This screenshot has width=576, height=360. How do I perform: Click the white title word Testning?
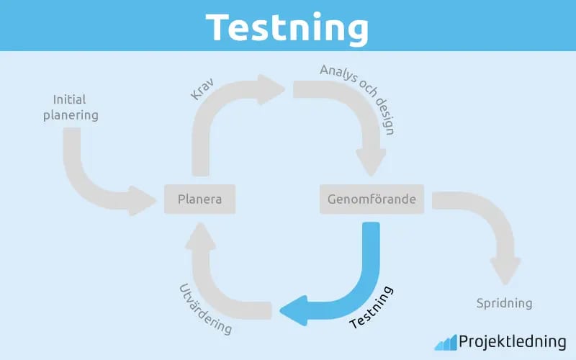287,28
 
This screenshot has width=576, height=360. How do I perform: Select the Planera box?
200,199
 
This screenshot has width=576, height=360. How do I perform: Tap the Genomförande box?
372,199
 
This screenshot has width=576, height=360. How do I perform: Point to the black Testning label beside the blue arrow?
372,307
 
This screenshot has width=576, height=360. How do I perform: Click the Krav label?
202,89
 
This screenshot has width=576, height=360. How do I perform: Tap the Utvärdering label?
206,310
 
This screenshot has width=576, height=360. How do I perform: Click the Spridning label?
505,303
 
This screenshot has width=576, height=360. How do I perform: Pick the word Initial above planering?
69,99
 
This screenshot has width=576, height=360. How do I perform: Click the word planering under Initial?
71,115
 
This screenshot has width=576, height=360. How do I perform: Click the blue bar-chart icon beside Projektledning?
446,343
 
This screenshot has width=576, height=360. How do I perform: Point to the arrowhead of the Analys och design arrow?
371,161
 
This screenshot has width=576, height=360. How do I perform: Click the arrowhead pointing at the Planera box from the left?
142,201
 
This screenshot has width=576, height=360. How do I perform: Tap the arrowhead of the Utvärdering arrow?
200,236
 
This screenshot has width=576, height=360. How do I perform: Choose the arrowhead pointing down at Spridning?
505,271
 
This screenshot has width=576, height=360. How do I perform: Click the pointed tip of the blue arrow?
281,311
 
